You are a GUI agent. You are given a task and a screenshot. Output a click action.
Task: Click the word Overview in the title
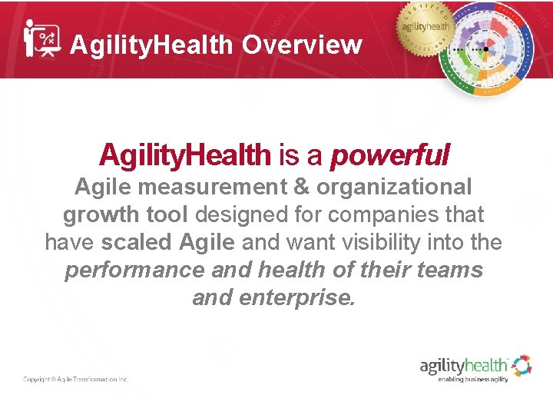[302, 45]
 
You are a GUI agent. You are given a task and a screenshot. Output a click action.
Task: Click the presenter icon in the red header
[41, 38]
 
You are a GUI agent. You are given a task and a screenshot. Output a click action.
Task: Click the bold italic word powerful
[389, 157]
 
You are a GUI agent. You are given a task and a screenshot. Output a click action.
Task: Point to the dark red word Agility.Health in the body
[185, 157]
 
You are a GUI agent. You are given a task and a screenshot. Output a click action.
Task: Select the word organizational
[395, 187]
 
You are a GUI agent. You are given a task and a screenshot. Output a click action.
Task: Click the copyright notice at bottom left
[75, 379]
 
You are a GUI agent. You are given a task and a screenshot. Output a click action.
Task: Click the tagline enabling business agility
[473, 379]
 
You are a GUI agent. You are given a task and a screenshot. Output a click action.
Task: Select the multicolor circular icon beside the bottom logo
[522, 365]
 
